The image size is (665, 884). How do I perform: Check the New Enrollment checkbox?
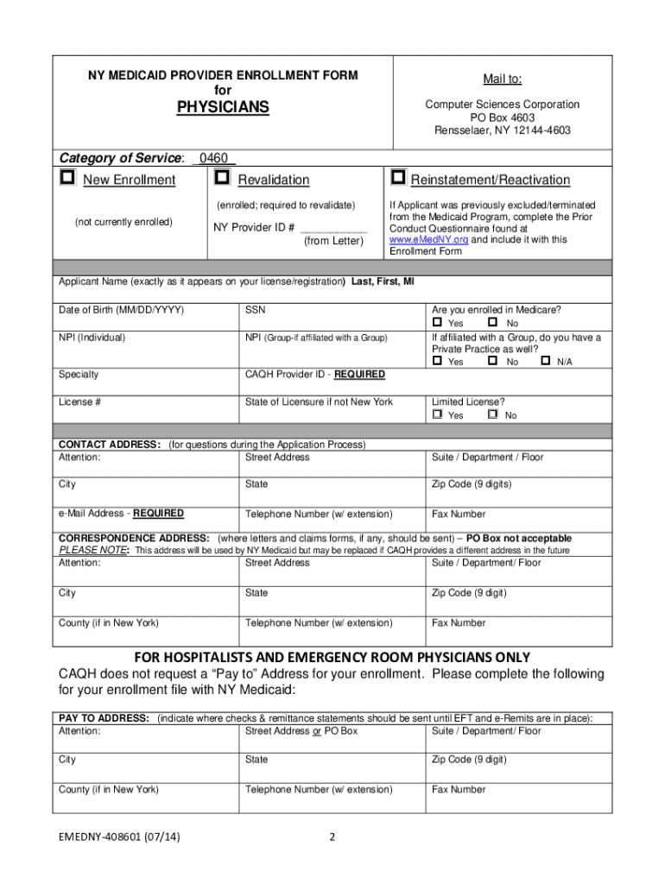point(67,178)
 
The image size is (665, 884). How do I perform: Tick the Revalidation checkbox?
point(222,178)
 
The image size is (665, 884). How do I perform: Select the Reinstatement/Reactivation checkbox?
point(397,178)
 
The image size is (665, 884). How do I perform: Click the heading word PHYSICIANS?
point(223,107)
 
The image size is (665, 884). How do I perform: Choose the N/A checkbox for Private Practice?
point(545,362)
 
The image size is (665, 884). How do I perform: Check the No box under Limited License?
point(492,415)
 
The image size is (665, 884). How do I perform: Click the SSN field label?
point(255,310)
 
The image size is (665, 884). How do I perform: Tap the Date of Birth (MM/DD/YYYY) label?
point(121,310)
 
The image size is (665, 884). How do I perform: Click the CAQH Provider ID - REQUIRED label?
point(315,375)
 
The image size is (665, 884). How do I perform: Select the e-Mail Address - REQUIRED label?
point(121,514)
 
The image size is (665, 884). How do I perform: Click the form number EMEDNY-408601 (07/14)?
point(120,837)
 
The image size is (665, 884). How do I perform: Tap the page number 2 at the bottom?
point(332,837)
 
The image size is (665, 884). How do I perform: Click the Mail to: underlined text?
point(502,79)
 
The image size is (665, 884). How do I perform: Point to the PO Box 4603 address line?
point(502,117)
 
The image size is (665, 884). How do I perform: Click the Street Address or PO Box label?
point(301,731)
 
